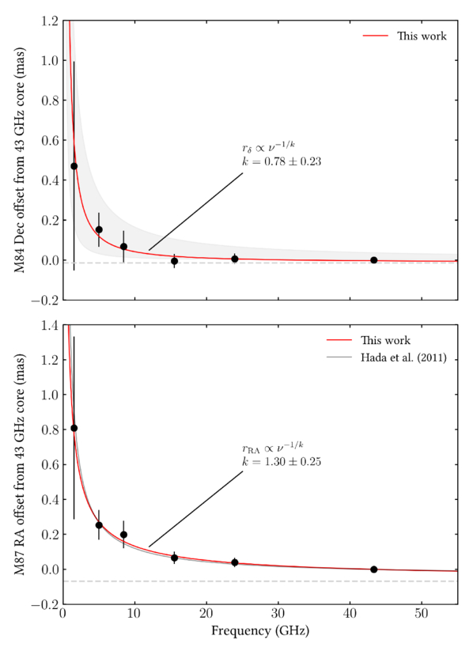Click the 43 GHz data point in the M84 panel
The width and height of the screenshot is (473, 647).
pos(373,260)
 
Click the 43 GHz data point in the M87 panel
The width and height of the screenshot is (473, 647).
pos(373,569)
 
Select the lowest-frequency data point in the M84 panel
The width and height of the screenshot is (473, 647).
pos(74,166)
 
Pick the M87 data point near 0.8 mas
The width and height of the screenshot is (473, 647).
pos(74,428)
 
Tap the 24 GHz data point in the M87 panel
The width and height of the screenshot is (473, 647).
pos(235,562)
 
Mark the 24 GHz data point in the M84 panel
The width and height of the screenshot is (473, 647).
pos(235,259)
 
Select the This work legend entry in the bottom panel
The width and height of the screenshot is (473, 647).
pos(385,340)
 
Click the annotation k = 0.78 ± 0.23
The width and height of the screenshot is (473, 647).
pos(282,161)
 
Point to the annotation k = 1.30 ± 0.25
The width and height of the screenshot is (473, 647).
pos(282,460)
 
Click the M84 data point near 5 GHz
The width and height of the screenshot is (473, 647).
pos(99,229)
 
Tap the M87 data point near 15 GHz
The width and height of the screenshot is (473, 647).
pos(174,558)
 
